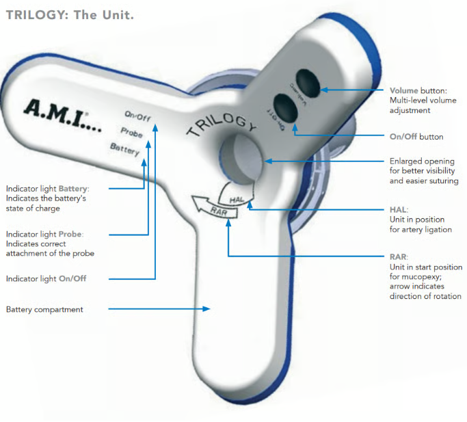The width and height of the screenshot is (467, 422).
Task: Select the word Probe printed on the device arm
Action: click(x=131, y=133)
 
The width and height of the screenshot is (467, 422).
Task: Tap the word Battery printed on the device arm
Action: click(x=125, y=149)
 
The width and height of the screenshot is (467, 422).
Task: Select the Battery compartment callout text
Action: click(x=44, y=310)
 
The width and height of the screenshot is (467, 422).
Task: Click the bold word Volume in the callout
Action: click(x=403, y=90)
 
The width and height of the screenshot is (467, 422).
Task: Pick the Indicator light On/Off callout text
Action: click(x=46, y=279)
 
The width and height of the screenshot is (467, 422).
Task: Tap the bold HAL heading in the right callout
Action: click(x=397, y=209)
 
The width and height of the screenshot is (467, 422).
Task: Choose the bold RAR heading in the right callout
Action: click(x=397, y=257)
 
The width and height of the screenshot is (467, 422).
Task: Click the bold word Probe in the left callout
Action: click(x=70, y=235)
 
